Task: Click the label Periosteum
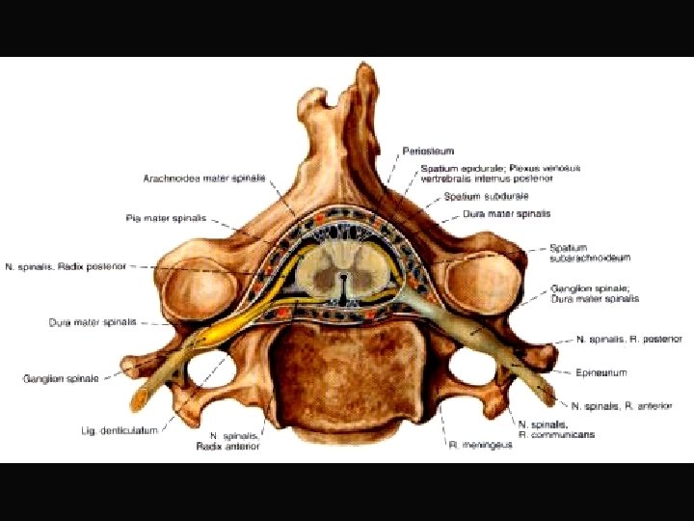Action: pos(428,151)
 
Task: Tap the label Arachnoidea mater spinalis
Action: pos(203,178)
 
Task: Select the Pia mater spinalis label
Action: pos(166,218)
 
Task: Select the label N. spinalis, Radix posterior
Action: pos(65,265)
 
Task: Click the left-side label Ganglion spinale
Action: pos(61,378)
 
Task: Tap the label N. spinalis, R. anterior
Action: pos(621,406)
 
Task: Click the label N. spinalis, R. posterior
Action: pos(629,340)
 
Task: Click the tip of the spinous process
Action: pos(364,74)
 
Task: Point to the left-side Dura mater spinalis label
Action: pos(93,322)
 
